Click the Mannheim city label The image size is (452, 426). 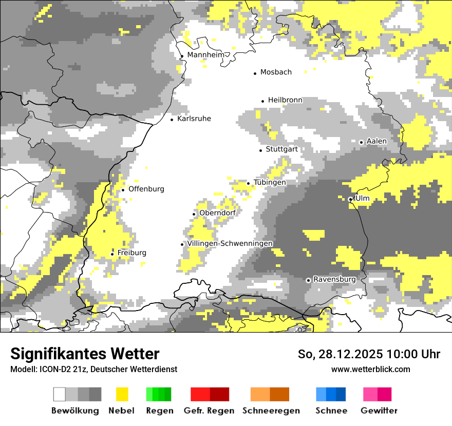(x=206, y=55)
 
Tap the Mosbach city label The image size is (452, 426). (x=276, y=72)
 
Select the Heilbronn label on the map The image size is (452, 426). (x=285, y=100)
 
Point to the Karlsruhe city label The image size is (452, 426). (x=194, y=119)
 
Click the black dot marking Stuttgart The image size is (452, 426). (x=260, y=150)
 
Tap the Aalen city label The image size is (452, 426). (x=376, y=141)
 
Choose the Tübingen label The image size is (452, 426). (x=270, y=182)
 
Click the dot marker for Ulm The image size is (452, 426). (x=350, y=199)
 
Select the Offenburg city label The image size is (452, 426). (x=146, y=189)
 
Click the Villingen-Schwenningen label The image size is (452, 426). (x=230, y=243)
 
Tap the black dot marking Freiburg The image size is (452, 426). (x=112, y=254)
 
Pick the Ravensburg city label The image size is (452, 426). (x=334, y=279)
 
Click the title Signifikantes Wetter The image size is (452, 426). (x=85, y=354)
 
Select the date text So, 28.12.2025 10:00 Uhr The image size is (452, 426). (x=369, y=354)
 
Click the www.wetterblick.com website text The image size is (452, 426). (x=370, y=369)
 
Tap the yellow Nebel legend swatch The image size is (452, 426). (x=122, y=394)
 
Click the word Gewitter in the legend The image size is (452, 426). (x=379, y=411)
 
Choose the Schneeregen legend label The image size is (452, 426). (x=271, y=411)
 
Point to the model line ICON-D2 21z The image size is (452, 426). (x=93, y=369)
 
